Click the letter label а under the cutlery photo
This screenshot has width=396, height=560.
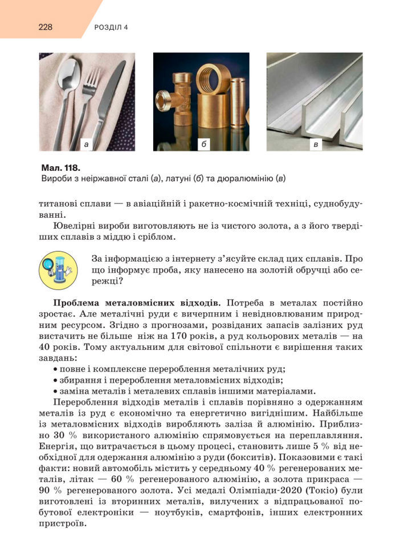86,144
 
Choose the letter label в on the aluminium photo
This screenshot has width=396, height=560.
315,144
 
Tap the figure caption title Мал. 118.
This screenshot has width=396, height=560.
60,168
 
